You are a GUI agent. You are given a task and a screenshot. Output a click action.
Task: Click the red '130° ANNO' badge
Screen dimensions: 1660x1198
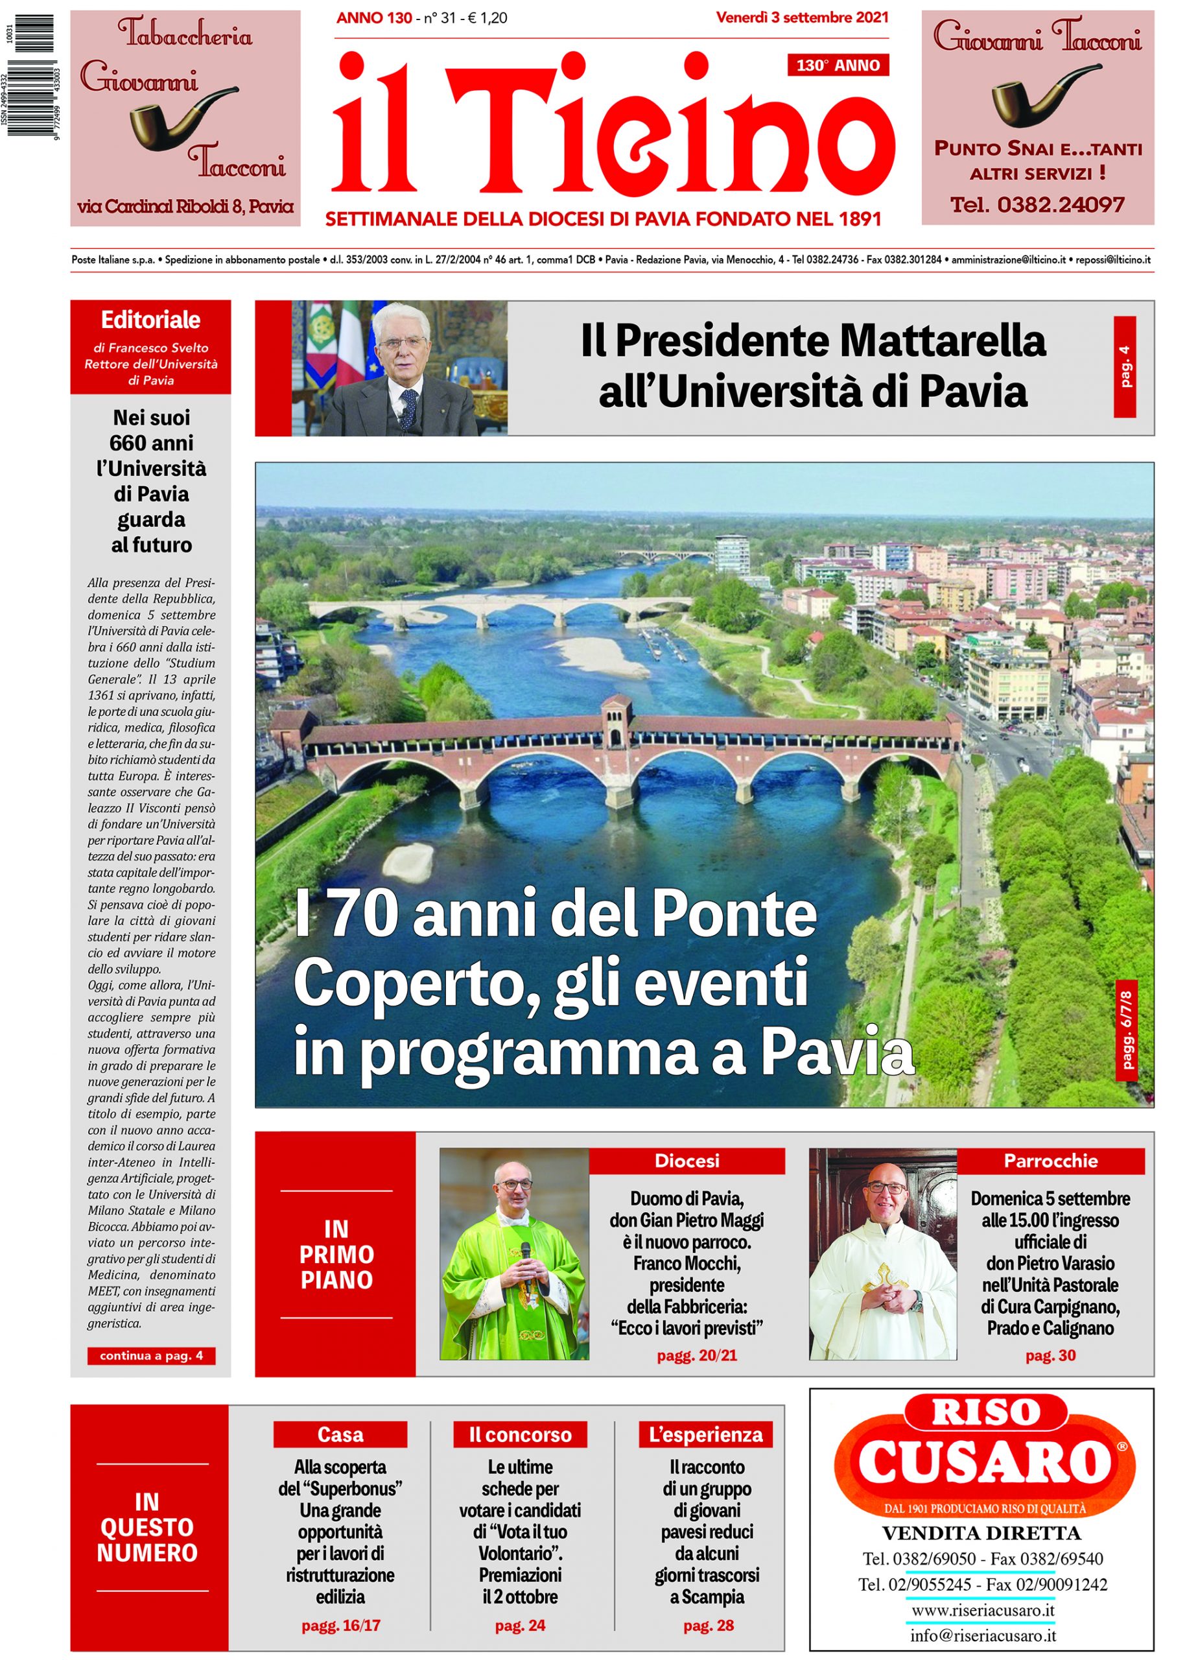point(838,66)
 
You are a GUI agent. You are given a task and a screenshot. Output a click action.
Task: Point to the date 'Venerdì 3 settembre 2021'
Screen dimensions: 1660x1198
point(802,17)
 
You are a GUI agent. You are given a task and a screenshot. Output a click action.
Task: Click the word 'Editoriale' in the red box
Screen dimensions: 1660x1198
point(151,320)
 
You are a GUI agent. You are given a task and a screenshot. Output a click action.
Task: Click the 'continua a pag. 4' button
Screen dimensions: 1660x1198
point(152,1355)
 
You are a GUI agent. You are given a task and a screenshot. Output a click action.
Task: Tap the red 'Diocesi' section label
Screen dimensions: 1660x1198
point(687,1161)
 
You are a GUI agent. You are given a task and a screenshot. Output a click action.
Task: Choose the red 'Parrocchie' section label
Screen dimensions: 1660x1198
point(1050,1161)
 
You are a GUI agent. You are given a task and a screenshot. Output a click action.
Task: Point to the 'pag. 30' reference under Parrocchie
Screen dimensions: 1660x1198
point(1050,1355)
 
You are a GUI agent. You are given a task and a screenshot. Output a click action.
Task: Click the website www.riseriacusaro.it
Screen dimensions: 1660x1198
point(982,1610)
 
